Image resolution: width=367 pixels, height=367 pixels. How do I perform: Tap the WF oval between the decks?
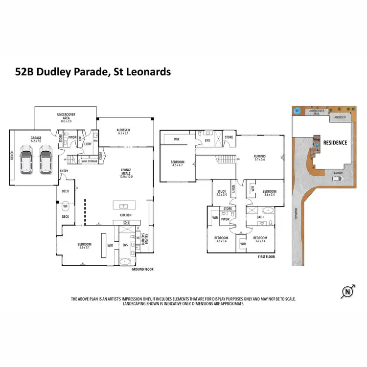click(65, 206)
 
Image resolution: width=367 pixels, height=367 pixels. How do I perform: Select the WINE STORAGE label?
click(89, 160)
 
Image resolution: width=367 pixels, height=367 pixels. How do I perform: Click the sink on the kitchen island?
click(120, 205)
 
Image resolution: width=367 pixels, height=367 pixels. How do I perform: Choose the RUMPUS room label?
click(259, 156)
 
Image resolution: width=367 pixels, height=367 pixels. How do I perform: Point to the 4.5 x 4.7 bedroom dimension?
click(178, 165)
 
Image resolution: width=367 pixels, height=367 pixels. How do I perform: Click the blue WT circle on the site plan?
click(296, 111)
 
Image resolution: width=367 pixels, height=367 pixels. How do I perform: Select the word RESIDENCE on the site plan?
click(335, 143)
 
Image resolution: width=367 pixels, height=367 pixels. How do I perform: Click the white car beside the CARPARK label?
click(337, 178)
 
